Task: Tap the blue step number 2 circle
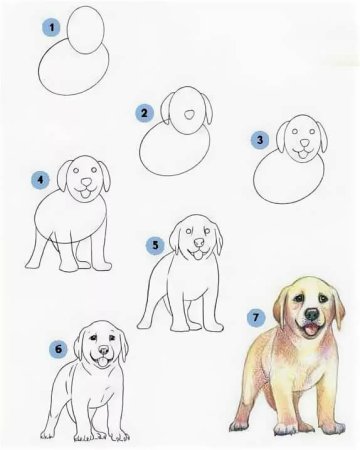(145, 113)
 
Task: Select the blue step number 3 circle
(260, 141)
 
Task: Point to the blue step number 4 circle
(40, 181)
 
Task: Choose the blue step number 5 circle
(155, 243)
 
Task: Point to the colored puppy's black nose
(312, 324)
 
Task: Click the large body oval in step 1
(72, 72)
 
